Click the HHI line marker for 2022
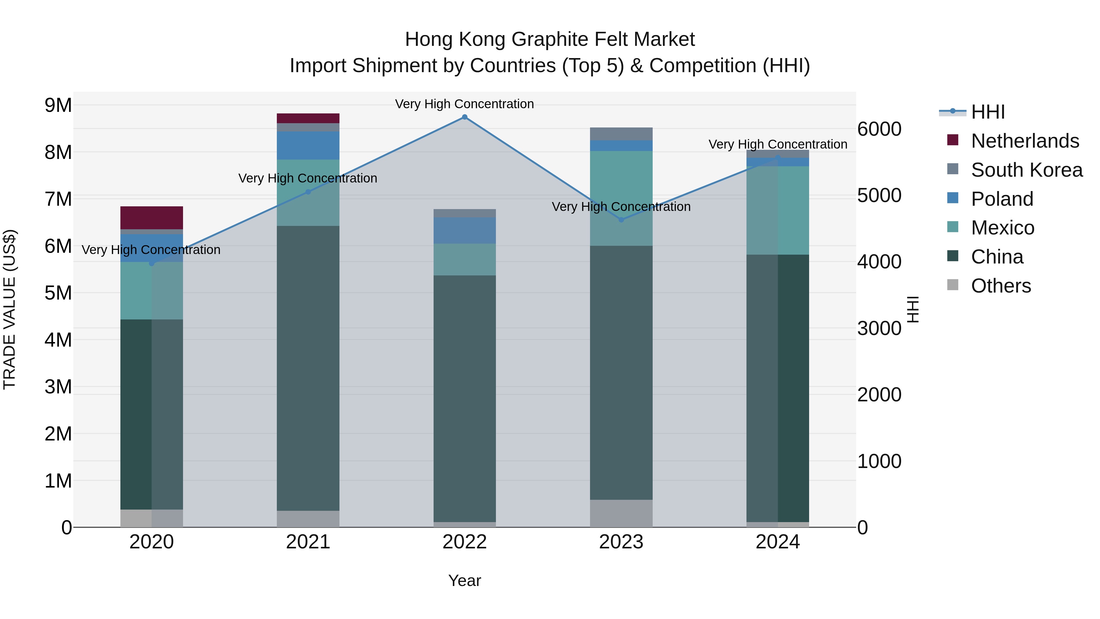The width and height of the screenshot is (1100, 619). (464, 117)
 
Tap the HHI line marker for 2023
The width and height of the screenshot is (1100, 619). (621, 220)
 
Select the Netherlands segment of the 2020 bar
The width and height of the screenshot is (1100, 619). (152, 218)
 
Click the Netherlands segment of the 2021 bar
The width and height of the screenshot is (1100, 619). (308, 118)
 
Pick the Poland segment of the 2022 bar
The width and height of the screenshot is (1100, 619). (464, 231)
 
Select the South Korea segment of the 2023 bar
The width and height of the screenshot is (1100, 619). (621, 134)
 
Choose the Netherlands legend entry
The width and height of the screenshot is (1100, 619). (1025, 141)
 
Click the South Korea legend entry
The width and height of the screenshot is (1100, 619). (1027, 170)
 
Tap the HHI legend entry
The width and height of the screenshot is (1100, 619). (987, 112)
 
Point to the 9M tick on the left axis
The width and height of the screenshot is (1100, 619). (58, 105)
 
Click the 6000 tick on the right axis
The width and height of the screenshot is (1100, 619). (879, 129)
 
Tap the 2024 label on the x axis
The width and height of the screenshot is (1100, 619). (778, 542)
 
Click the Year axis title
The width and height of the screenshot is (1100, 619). (464, 580)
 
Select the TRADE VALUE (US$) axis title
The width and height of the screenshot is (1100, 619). (9, 309)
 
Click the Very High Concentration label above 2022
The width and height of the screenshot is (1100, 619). (464, 104)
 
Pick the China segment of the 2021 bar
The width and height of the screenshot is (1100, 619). (308, 367)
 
